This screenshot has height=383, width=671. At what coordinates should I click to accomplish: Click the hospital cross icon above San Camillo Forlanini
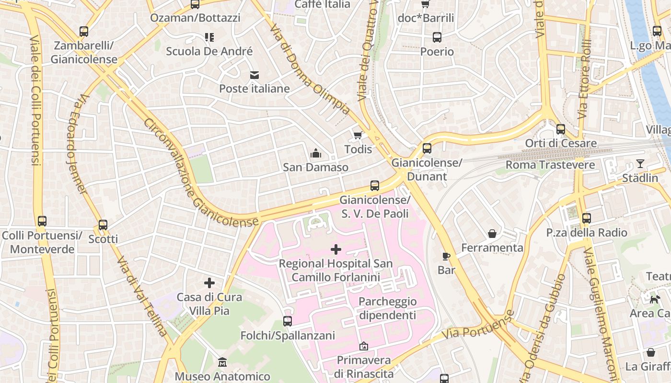click(336, 249)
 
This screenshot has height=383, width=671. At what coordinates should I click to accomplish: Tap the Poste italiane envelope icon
click(254, 75)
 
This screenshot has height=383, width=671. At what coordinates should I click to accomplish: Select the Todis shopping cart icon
click(358, 135)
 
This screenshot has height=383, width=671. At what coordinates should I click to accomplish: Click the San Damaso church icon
click(315, 154)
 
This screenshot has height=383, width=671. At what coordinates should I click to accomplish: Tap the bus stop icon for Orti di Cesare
click(560, 129)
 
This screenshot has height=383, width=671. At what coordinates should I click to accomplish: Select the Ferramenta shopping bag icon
click(492, 234)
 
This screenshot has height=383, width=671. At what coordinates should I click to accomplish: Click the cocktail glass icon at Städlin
click(640, 164)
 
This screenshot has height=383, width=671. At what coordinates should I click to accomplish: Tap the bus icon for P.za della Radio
click(586, 219)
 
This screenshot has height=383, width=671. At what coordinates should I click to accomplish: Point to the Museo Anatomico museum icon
click(222, 362)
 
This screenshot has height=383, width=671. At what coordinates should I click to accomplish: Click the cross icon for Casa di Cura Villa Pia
click(209, 283)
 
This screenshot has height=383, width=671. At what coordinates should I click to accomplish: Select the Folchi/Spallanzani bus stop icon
click(288, 321)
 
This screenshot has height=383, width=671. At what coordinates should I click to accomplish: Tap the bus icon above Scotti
click(103, 225)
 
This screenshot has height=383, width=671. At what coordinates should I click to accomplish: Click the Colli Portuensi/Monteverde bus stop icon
click(42, 221)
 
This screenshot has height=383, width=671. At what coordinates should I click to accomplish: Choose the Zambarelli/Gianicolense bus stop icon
click(84, 32)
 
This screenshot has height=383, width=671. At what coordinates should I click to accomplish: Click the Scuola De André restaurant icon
click(209, 37)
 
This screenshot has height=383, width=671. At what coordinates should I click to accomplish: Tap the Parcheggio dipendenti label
click(387, 308)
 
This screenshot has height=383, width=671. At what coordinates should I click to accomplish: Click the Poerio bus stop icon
click(437, 37)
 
